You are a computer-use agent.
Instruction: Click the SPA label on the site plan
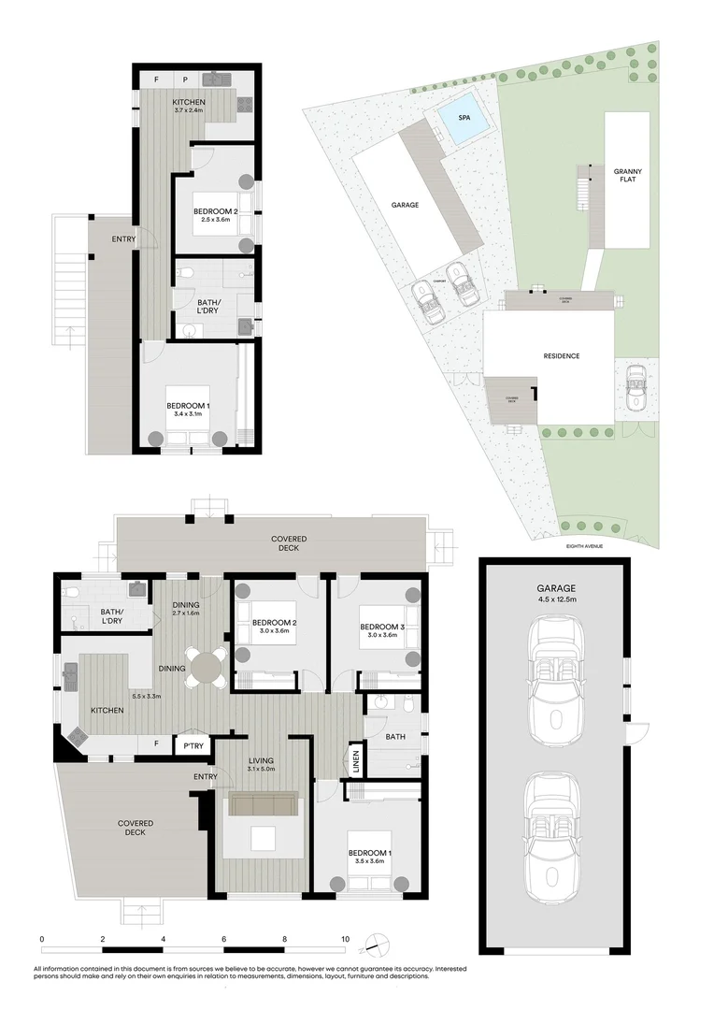[464, 119]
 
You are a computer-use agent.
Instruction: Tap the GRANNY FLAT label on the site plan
[627, 177]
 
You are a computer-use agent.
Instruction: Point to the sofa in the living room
[264, 805]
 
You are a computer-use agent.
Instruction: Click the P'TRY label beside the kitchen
[193, 745]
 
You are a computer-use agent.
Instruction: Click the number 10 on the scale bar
[346, 938]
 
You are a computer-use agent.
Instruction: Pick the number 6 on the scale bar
[224, 938]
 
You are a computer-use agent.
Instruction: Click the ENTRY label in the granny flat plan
[123, 239]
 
